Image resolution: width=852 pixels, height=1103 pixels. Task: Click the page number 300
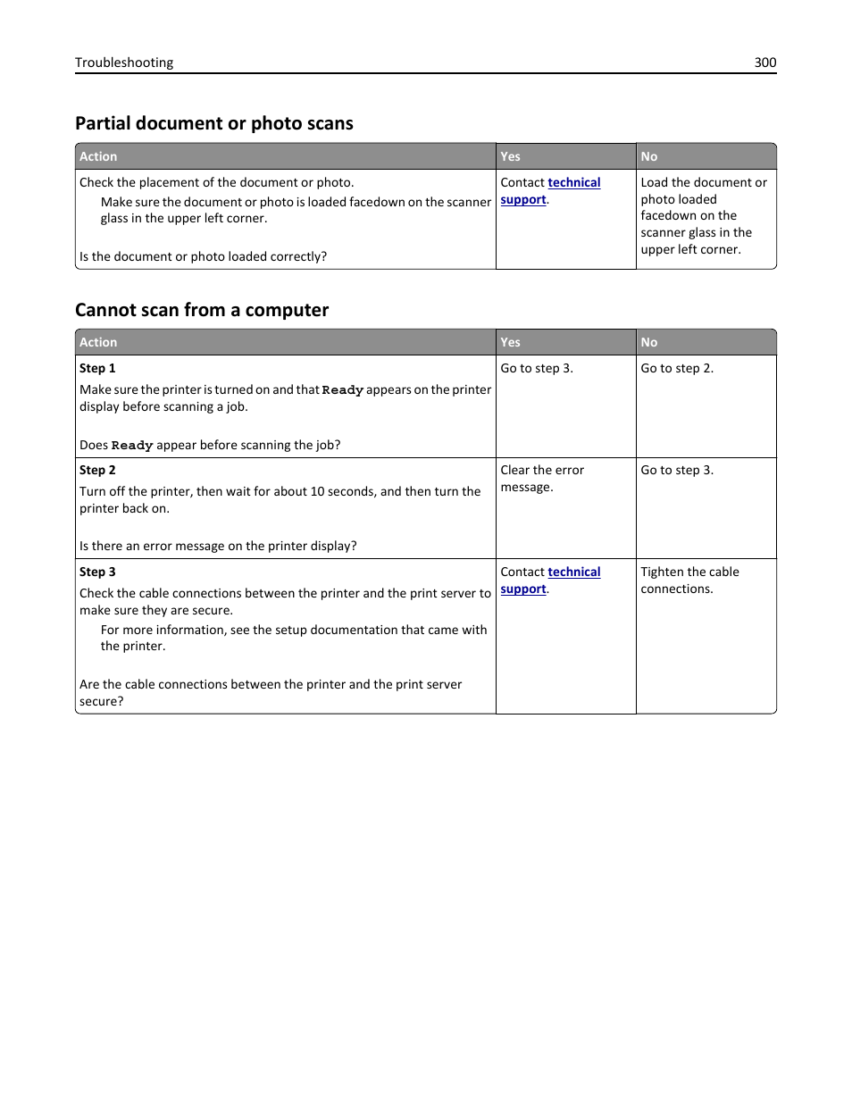point(764,63)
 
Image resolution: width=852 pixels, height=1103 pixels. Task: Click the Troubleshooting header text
point(124,63)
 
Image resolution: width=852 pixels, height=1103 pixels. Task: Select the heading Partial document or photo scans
point(214,123)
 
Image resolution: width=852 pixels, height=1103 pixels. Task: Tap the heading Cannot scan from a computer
point(202,310)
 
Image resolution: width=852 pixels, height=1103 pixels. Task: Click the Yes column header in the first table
point(510,156)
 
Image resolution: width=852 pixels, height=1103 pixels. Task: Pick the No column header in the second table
point(648,342)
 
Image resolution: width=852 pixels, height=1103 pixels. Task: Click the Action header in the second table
point(98,342)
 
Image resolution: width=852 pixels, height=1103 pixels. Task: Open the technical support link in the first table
point(573,183)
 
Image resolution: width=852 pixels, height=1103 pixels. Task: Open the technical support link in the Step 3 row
point(573,572)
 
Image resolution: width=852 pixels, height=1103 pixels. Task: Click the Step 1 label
point(97,368)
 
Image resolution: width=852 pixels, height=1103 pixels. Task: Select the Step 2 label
point(97,470)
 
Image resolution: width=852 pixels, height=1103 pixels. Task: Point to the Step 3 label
point(97,572)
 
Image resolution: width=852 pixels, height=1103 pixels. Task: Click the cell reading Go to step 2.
point(677,368)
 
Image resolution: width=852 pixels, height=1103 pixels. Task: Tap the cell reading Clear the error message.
point(542,478)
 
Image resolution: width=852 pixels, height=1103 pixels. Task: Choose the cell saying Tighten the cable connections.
point(689,580)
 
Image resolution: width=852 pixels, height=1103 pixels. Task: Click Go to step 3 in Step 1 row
point(537,368)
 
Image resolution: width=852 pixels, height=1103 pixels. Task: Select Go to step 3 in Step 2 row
point(677,470)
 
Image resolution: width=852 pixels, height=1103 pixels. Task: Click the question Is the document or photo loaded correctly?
point(203,256)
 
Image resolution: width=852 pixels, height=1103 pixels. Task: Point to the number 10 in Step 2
point(317,491)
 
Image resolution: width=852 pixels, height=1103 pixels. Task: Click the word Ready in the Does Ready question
point(132,446)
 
